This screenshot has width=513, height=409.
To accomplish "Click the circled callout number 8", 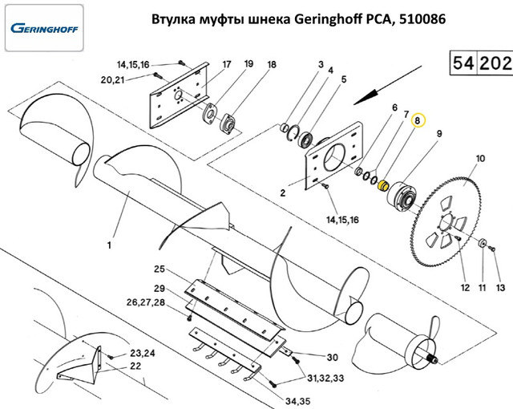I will (418, 121).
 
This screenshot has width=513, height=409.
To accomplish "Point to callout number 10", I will (481, 159).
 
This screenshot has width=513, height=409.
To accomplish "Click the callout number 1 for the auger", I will (110, 245).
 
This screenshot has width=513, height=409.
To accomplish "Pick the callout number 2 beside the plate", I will (281, 192).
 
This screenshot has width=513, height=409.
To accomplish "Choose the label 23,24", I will (142, 352).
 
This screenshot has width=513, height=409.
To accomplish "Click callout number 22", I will (135, 366).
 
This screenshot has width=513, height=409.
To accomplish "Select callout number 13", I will (500, 287).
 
